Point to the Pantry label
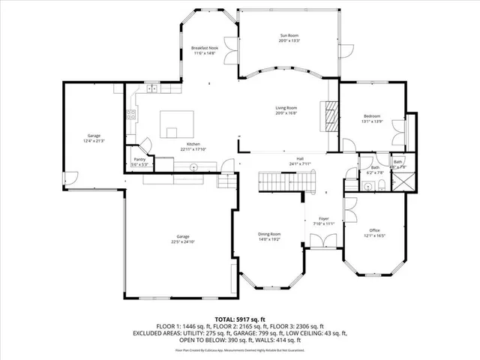click(139, 159)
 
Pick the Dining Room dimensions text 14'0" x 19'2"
click(269, 239)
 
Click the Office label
click(374, 230)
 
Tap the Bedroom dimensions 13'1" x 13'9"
click(372, 121)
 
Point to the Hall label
click(299, 158)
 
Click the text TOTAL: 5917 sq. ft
click(240, 319)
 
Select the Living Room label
click(286, 108)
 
